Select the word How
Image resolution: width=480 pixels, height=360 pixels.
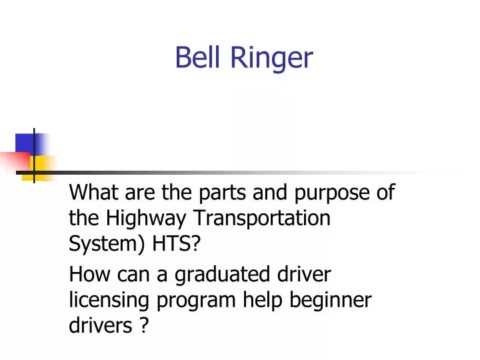tap(85, 274)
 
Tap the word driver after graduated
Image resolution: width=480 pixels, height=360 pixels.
tap(304, 274)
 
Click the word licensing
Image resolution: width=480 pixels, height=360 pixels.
tap(109, 301)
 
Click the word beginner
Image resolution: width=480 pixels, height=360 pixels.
tap(331, 301)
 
